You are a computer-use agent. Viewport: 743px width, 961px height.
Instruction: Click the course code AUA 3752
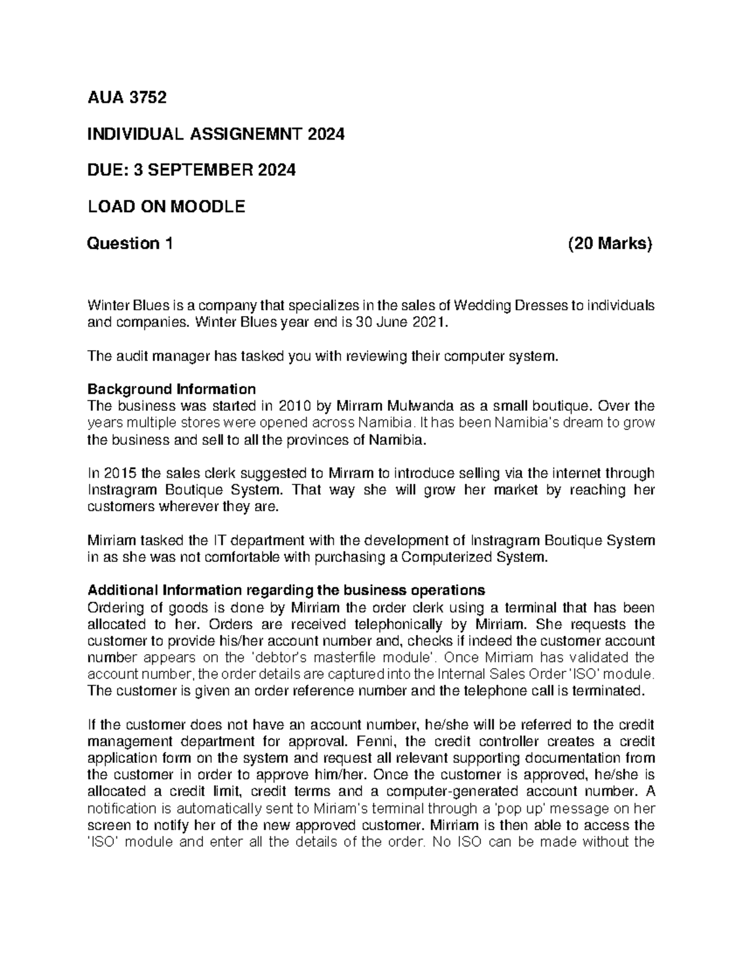point(127,97)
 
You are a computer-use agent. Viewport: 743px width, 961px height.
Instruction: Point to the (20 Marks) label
point(610,244)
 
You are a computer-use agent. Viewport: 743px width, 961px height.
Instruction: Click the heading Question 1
point(130,244)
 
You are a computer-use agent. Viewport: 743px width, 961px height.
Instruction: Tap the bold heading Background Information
point(172,389)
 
